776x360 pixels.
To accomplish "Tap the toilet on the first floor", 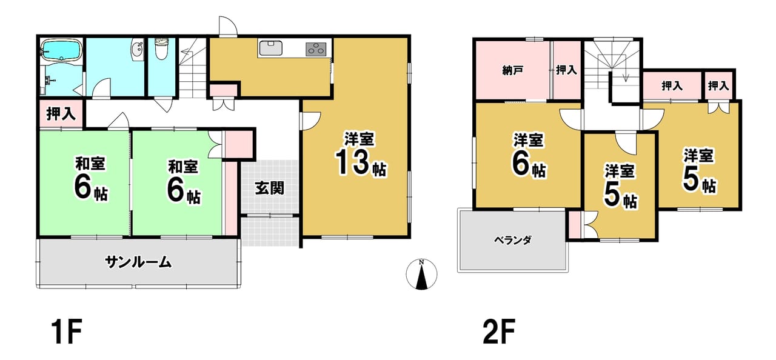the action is coord(161,49).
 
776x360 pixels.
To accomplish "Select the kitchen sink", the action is coord(270,48).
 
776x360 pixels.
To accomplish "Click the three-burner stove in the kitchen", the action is coord(316,49).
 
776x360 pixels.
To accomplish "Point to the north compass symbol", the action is coord(421,274).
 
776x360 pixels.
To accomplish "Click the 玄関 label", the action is coord(270,188).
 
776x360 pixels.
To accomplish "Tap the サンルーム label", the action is coord(138,262).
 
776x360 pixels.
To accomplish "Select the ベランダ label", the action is coord(513,240).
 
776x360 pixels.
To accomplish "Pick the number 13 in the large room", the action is coord(352,163).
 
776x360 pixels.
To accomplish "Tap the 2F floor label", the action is coord(499,332).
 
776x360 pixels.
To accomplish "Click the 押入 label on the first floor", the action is coord(61,113).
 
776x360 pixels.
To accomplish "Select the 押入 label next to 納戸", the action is coord(566,70).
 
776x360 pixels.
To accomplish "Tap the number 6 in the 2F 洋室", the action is coord(521,164).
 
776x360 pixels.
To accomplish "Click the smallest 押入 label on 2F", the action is coord(718,85).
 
